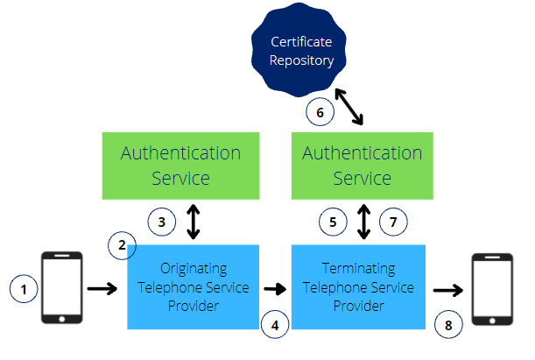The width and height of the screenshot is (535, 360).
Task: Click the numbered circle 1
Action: click(23, 286)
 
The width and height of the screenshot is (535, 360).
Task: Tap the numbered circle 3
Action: click(162, 222)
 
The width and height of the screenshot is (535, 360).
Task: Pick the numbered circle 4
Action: click(274, 324)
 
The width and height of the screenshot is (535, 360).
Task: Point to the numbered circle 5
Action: click(332, 222)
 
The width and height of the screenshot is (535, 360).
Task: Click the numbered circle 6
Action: click(320, 112)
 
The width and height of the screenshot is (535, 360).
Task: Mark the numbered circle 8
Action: click(449, 324)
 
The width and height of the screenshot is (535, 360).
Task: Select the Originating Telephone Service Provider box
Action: click(194, 287)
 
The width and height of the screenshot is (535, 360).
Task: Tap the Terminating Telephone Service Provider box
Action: click(358, 287)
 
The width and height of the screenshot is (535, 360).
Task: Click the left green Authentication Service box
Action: click(180, 165)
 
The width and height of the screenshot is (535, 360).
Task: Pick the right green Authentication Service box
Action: click(362, 165)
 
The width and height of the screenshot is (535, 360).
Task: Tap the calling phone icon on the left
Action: click(62, 286)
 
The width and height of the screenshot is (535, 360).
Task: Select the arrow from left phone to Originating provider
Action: click(102, 286)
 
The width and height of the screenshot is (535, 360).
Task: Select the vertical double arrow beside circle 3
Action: click(194, 222)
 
